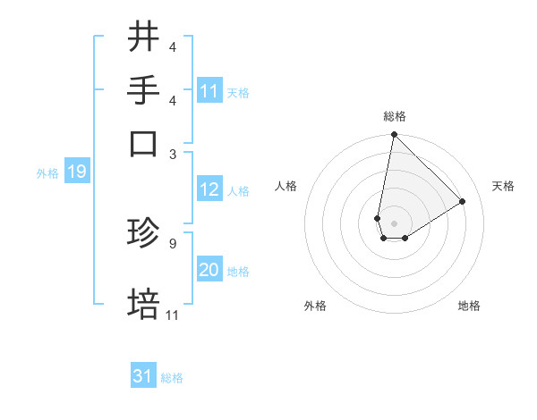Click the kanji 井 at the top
click(144, 37)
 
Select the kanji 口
click(144, 142)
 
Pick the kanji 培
click(144, 304)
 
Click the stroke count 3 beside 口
click(173, 153)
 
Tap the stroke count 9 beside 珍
click(173, 241)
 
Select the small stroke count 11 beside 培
click(173, 315)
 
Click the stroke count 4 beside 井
click(173, 47)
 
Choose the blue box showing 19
click(76, 172)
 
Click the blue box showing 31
click(143, 376)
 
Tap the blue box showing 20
click(209, 270)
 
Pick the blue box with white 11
click(209, 91)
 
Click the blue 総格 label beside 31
click(173, 378)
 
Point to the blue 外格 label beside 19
click(47, 173)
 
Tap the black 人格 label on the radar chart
click(286, 186)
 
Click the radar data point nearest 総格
click(394, 136)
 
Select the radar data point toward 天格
click(463, 202)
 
